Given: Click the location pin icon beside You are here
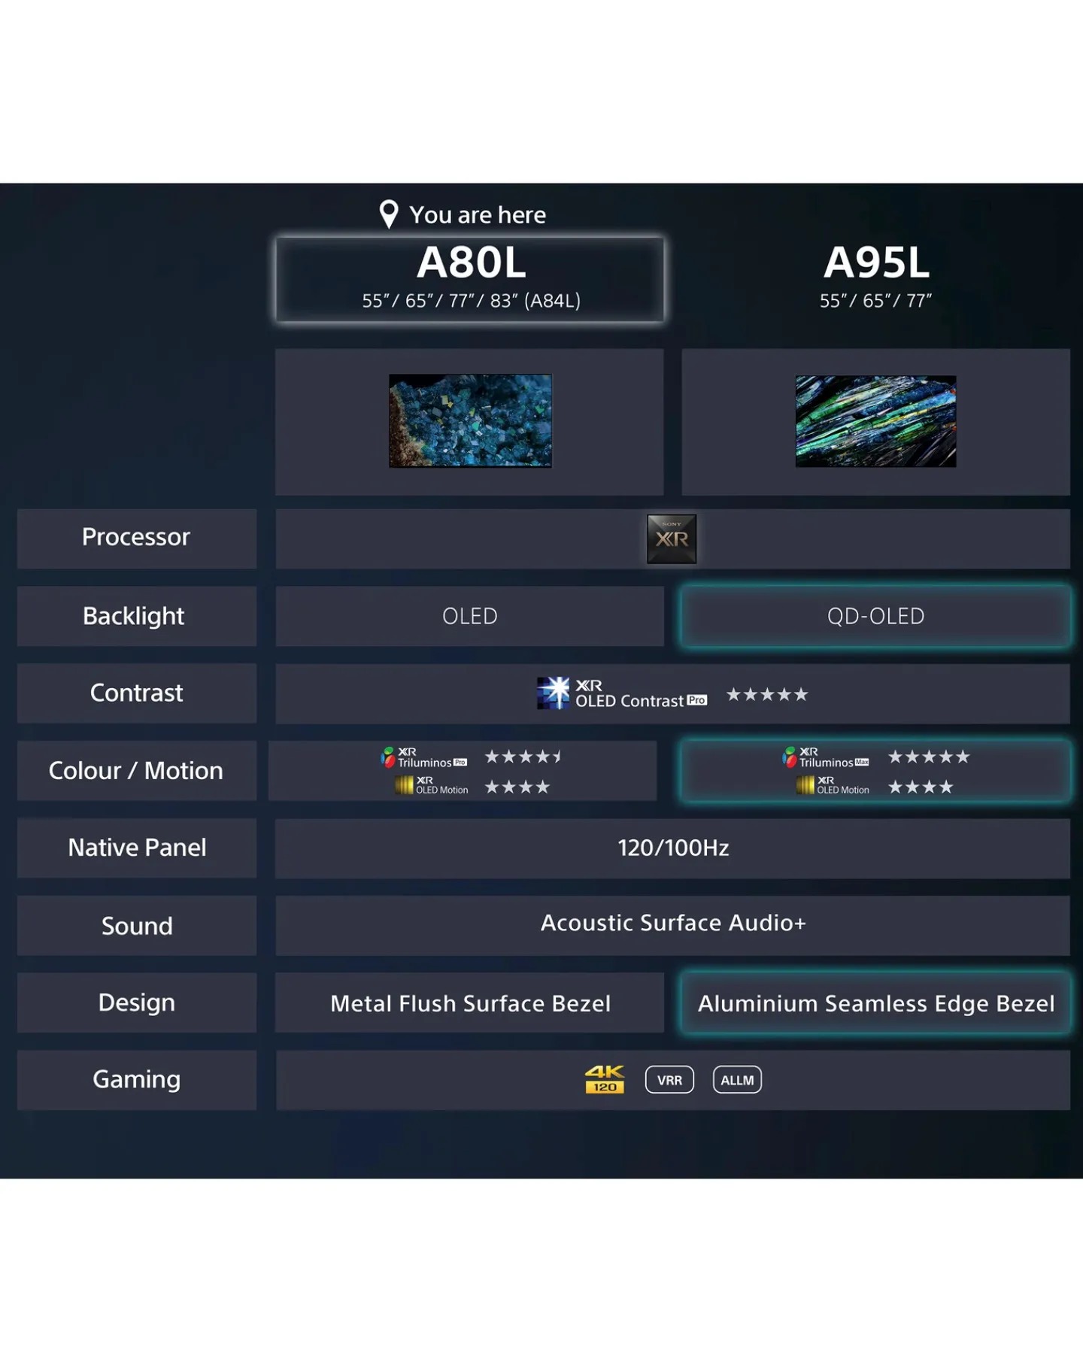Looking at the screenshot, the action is pos(389,214).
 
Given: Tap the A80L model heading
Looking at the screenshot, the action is pos(472,262).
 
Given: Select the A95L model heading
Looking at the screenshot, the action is pos(876,262).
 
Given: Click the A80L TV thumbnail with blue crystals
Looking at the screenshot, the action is pos(470,421).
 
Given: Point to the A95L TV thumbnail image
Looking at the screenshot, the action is pos(876,421).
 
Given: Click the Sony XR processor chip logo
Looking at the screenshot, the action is pos(672,538).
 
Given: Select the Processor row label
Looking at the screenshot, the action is pos(136,537).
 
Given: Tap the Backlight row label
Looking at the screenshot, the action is pos(134,616).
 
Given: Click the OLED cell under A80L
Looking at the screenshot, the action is pos(470,616).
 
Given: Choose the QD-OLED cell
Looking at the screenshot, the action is pos(876,616).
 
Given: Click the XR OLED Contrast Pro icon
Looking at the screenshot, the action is pos(554,693).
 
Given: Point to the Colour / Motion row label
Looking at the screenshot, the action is pos(136,770).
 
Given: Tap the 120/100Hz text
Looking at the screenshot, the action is pos(673,848).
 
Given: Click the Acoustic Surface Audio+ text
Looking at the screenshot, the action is pos(673,923).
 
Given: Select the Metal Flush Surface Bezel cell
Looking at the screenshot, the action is pos(470,1003).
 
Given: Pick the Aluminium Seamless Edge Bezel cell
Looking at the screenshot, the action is pos(876,1003).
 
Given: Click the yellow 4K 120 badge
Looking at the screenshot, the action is pos(605,1079).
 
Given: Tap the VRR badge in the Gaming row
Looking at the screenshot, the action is pos(669,1080).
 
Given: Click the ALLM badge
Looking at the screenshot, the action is pos(737,1080).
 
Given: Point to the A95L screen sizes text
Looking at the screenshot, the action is pos(875,301).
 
